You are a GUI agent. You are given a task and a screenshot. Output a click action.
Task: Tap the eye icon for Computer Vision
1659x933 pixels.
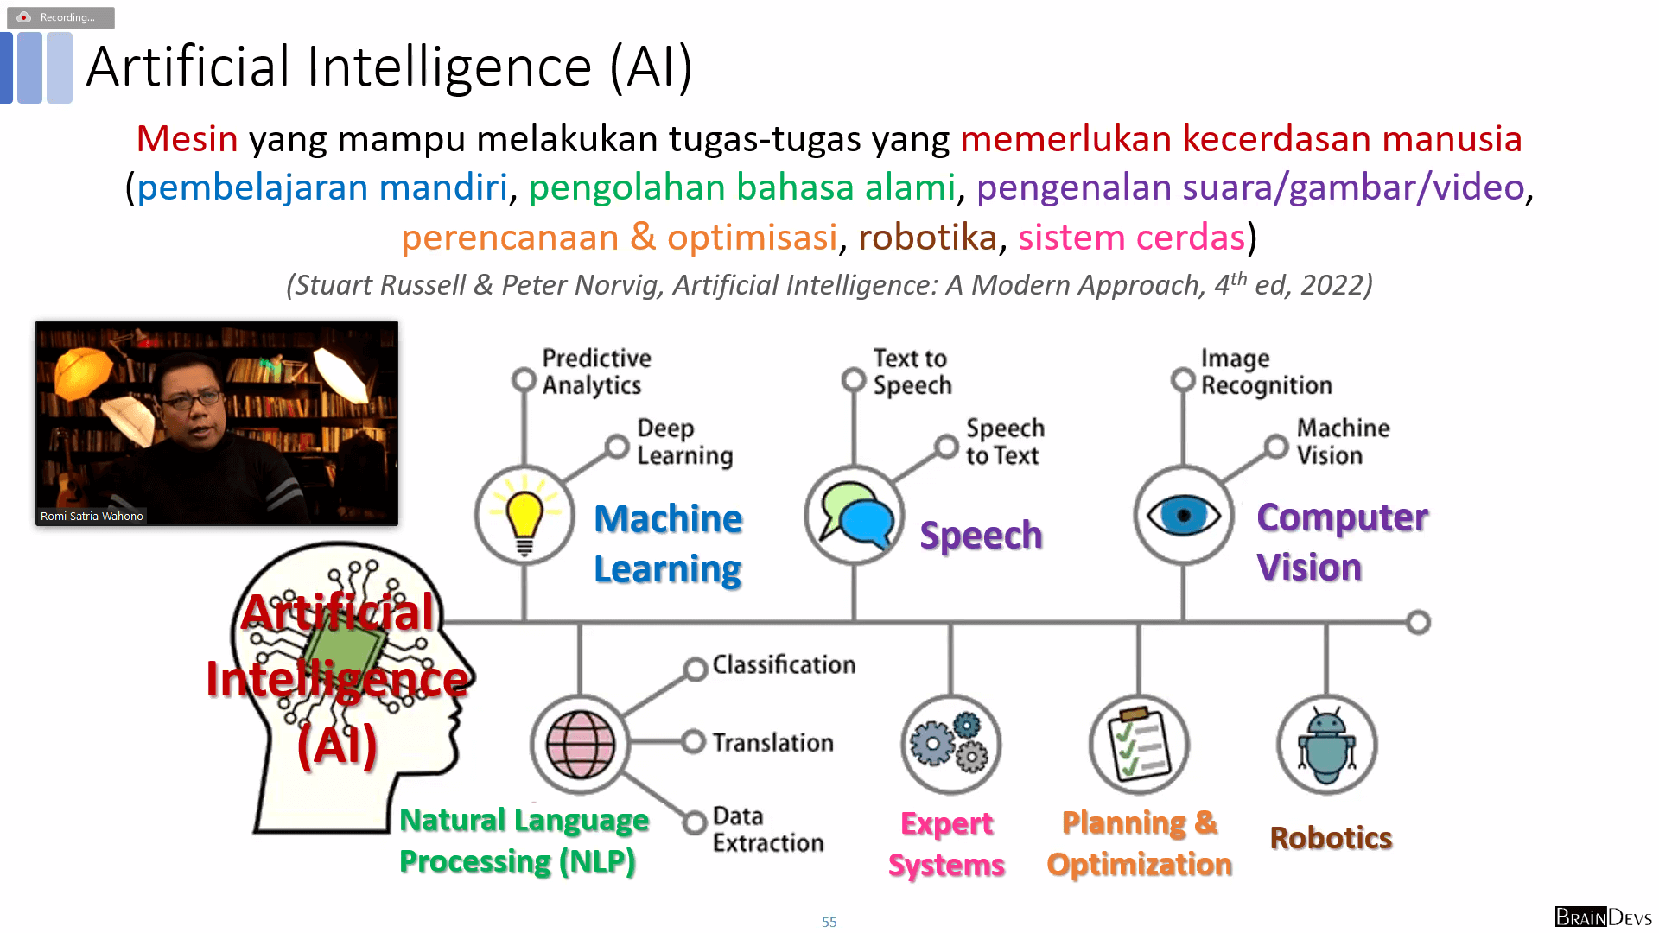click(1184, 516)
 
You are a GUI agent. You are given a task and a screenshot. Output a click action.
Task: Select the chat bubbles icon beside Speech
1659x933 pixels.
click(855, 516)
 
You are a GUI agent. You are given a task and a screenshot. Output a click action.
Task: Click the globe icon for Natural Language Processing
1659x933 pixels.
click(581, 745)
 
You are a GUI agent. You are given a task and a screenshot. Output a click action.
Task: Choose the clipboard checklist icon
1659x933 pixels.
click(1140, 744)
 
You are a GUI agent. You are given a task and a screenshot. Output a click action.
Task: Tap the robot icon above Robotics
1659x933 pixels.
click(1327, 745)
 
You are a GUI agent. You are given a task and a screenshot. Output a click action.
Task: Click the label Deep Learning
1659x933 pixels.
click(684, 441)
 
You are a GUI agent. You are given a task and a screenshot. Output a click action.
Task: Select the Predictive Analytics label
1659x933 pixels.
click(595, 371)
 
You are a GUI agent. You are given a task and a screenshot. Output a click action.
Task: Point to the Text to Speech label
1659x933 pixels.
click(912, 371)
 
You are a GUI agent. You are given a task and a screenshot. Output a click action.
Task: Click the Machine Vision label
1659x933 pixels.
click(1343, 441)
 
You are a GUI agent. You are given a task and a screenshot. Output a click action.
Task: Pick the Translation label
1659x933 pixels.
click(773, 742)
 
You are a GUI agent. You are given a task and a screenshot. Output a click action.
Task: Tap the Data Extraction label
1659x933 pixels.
click(768, 829)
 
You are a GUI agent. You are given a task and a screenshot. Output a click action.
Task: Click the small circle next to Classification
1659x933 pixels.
click(696, 670)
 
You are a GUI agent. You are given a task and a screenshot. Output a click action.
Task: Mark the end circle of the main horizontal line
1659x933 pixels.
click(1418, 622)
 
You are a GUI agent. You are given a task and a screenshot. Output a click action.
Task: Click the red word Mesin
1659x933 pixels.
click(187, 138)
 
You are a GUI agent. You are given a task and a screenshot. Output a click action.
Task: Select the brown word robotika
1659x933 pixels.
click(927, 237)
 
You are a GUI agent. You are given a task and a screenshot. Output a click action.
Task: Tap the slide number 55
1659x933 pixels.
click(829, 923)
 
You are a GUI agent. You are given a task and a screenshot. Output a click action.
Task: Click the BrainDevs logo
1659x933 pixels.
click(1604, 917)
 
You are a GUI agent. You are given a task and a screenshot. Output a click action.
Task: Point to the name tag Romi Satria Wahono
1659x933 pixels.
click(92, 517)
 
